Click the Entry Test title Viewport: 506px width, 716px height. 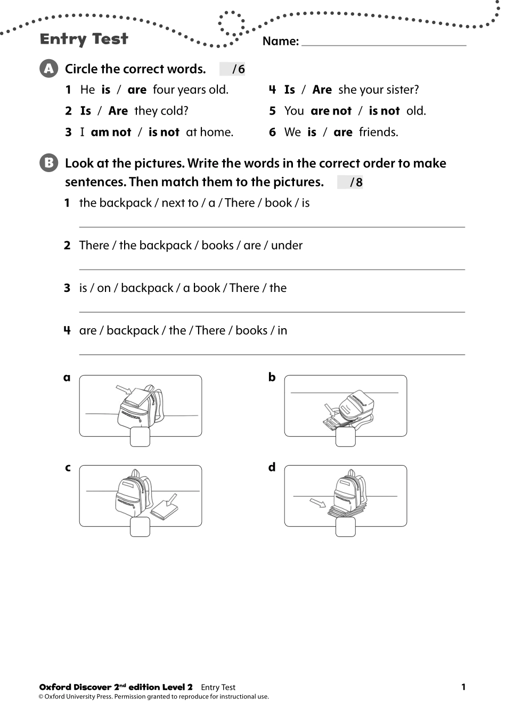(84, 39)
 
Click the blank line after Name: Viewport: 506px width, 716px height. (383, 43)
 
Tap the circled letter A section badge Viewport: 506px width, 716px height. (48, 69)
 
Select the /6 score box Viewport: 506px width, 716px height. (233, 69)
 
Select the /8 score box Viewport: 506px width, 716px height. (350, 182)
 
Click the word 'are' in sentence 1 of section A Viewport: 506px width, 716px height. (137, 89)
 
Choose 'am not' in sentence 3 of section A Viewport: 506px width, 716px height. (111, 132)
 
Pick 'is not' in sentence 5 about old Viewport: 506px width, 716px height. (384, 111)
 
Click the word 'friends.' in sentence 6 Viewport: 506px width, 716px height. (378, 132)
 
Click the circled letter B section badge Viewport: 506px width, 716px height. (48, 162)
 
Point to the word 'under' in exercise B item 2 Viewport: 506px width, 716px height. (287, 245)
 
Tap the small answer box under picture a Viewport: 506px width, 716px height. (140, 437)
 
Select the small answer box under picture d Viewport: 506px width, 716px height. (345, 527)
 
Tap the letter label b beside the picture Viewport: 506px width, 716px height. (272, 377)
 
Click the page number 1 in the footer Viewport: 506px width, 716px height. (463, 687)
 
